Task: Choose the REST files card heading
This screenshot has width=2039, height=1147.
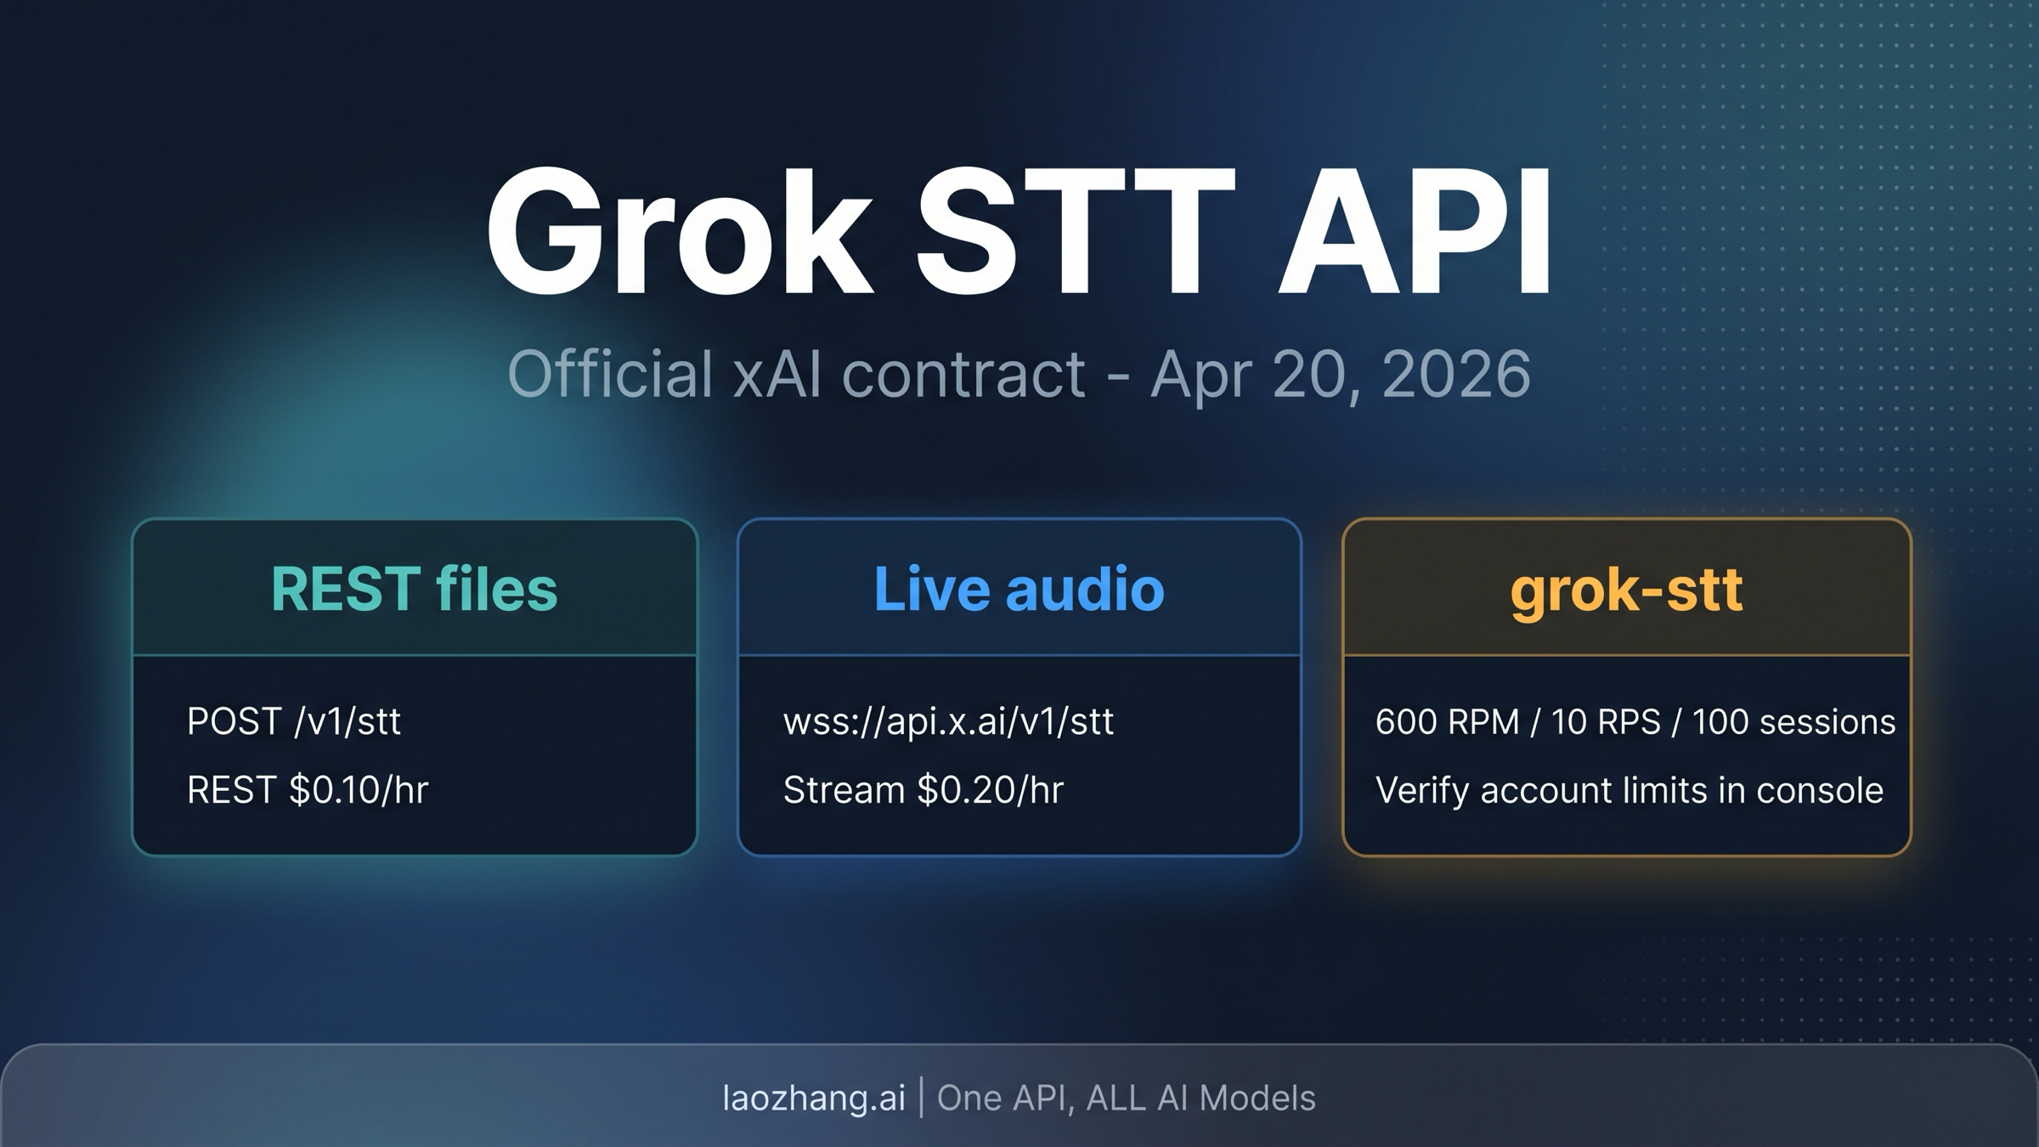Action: click(x=414, y=589)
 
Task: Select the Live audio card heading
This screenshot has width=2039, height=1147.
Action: click(x=1019, y=589)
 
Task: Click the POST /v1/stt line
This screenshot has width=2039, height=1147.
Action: click(x=293, y=721)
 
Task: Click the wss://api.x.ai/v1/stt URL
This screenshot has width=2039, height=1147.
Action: click(x=948, y=721)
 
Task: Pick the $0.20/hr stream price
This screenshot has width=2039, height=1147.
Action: click(x=990, y=790)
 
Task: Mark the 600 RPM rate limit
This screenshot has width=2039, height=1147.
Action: click(x=1446, y=722)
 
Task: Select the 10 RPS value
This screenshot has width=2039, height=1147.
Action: click(x=1605, y=722)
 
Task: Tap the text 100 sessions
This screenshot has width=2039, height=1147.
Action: click(x=1793, y=722)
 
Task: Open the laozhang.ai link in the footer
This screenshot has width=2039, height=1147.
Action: click(x=814, y=1098)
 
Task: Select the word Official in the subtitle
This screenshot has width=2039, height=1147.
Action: click(x=609, y=374)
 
